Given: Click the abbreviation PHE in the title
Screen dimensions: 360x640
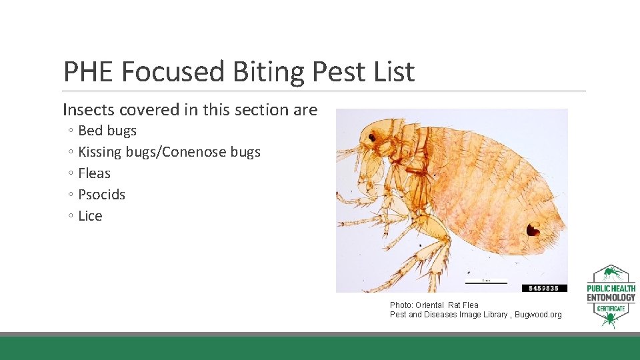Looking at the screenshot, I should (89, 71).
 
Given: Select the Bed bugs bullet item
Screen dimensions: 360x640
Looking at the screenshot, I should (107, 131).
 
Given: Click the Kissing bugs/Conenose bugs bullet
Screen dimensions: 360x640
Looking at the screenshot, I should (169, 152).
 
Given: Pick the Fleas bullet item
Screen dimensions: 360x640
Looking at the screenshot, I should (94, 173).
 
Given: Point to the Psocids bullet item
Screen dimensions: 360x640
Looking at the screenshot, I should (101, 195).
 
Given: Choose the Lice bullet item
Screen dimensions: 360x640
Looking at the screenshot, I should (90, 216).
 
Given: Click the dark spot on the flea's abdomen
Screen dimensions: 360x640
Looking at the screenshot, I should (533, 229).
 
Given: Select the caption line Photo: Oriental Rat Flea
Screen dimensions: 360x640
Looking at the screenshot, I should (434, 305).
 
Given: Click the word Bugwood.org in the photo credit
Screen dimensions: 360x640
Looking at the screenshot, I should (537, 315).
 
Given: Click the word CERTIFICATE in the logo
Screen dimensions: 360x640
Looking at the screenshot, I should (611, 309).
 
